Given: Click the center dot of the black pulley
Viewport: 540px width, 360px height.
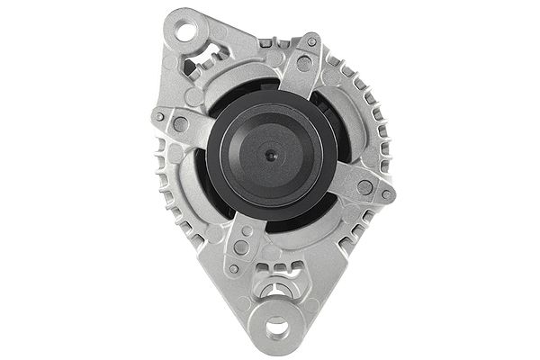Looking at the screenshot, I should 271,156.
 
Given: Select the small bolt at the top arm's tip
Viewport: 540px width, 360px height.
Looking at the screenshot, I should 312,41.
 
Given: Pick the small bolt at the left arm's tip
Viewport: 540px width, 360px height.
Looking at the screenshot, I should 159,116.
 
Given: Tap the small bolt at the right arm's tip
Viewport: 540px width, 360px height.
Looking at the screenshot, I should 387,193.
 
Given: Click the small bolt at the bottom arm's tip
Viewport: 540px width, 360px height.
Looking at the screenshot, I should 233,268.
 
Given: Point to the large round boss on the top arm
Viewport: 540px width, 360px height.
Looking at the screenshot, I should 304,64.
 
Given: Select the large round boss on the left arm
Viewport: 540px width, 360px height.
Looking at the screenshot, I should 181,124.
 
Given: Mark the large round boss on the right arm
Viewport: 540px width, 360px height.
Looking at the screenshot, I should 364,187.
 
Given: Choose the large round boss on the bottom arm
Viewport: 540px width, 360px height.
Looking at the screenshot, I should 241,245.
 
